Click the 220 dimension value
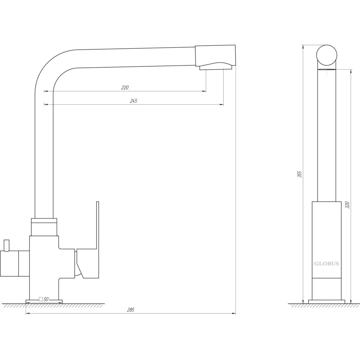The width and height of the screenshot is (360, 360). click(125, 87)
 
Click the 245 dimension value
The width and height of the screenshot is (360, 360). click(134, 101)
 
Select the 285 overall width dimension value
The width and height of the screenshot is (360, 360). click(130, 310)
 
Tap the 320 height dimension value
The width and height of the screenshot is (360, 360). click(347, 205)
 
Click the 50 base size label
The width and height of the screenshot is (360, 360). click(46, 299)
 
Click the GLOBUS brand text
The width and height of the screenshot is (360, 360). click(327, 264)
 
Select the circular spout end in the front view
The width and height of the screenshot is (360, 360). click(327, 55)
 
